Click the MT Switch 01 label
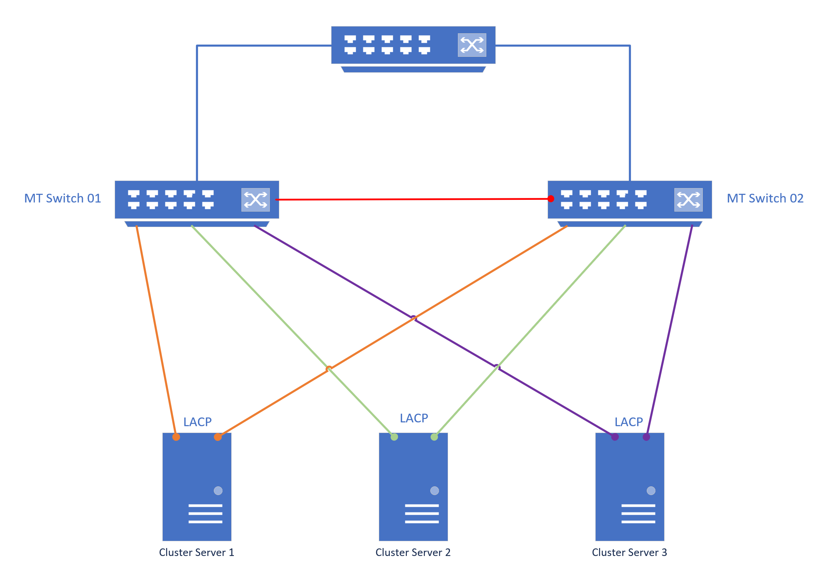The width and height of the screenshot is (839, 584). point(62,198)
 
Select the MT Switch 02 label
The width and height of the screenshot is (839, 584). point(765,198)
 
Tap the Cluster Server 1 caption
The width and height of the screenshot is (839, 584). point(196,552)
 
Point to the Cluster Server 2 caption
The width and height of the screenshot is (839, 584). point(413,552)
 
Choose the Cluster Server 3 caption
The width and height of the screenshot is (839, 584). point(629,552)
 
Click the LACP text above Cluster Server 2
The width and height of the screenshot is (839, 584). point(414,418)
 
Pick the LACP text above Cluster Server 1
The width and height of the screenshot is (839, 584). point(197,422)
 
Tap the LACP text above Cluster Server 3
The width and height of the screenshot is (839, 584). point(629,422)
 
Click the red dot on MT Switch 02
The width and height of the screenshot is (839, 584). point(551,199)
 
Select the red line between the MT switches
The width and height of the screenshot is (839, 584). point(412,199)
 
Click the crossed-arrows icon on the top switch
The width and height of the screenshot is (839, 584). point(472,45)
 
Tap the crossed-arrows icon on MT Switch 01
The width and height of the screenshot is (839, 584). point(255,199)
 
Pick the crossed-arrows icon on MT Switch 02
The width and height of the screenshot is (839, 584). point(688,199)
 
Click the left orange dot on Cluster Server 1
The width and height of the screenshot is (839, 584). point(176,437)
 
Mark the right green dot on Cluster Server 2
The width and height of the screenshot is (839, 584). point(434,437)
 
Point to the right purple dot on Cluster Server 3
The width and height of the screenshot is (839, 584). point(646,437)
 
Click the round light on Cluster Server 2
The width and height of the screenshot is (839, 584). point(434,491)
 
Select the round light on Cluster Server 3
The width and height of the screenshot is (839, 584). point(651,491)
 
